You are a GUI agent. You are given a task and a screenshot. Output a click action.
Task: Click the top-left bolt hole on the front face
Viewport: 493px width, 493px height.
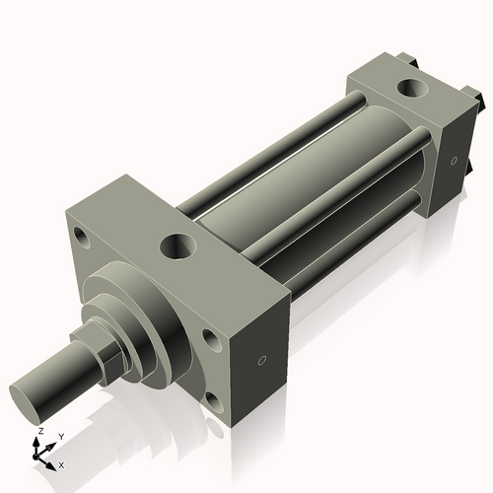pyautogui.click(x=81, y=237)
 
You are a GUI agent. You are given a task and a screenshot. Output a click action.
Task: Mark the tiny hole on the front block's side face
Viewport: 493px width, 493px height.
pyautogui.click(x=261, y=361)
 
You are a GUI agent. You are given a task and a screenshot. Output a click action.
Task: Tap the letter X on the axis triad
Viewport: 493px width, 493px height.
pyautogui.click(x=61, y=463)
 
